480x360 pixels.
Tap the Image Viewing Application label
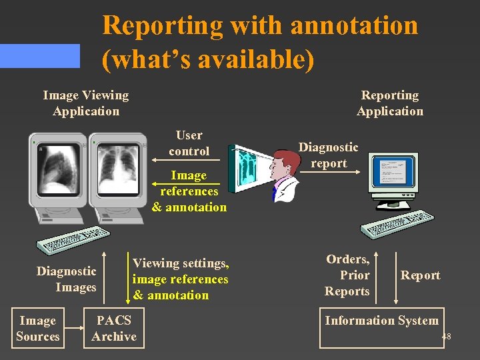tap(85, 103)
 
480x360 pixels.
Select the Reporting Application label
tap(390, 103)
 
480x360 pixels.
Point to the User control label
tap(189, 143)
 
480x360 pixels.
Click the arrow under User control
tap(189, 161)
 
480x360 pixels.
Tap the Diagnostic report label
tap(328, 155)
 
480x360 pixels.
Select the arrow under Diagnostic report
tap(328, 173)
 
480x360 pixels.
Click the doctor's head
tap(289, 163)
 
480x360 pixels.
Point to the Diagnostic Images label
tap(66, 279)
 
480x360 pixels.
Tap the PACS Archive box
tap(114, 329)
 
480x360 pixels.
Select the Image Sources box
tap(38, 329)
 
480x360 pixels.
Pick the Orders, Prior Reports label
tap(347, 275)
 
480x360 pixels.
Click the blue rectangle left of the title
tap(39, 56)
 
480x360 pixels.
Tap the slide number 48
tap(446, 337)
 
